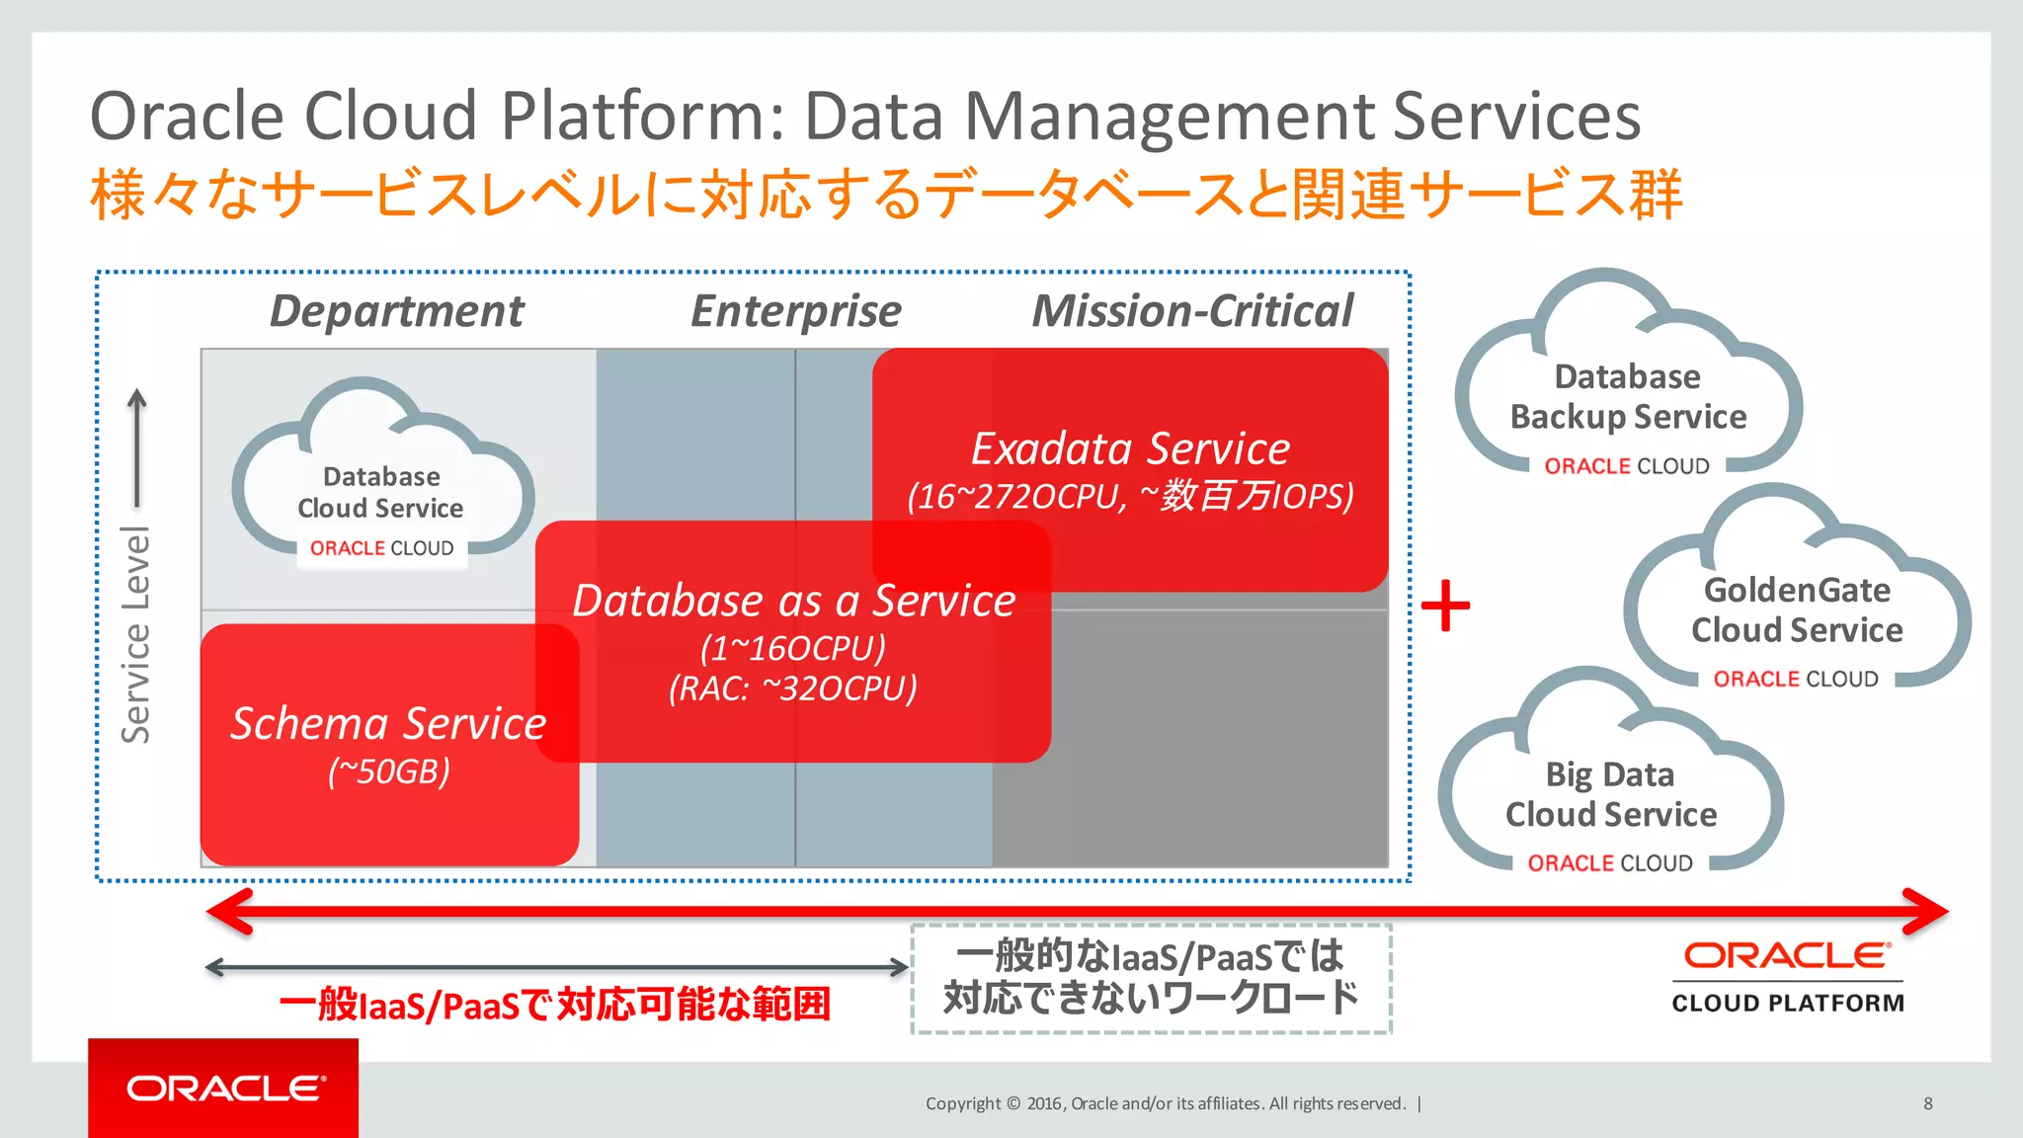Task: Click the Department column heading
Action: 397,311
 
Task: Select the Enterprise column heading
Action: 796,311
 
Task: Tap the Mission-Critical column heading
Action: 1192,311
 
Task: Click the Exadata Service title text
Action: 1130,448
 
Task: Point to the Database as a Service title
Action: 794,601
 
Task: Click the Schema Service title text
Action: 388,723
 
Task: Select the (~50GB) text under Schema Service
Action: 388,772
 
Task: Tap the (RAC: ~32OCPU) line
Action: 793,689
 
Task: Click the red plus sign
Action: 1445,605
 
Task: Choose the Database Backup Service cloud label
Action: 1628,397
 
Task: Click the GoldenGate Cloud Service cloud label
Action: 1797,610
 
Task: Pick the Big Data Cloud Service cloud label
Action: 1610,794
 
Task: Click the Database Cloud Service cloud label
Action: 381,492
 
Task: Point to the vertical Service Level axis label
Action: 136,634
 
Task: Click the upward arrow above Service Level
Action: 137,445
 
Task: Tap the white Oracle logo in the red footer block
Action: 225,1089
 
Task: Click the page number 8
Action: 1927,1103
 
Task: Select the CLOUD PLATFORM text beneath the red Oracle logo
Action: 1787,1003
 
